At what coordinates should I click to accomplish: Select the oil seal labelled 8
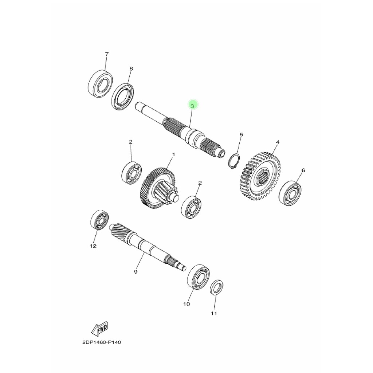point(123,97)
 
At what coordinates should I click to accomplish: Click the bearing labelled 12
point(99,220)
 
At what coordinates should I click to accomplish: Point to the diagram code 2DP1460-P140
point(100,343)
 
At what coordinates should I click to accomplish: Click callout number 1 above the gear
point(173,154)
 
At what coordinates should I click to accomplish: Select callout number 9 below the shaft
point(136,272)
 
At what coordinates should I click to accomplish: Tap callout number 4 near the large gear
point(277,142)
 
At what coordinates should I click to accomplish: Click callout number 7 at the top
point(107,54)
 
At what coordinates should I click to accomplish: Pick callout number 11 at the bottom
point(214,313)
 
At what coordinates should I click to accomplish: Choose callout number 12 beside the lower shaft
point(93,246)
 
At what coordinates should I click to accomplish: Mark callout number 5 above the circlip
point(241,135)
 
